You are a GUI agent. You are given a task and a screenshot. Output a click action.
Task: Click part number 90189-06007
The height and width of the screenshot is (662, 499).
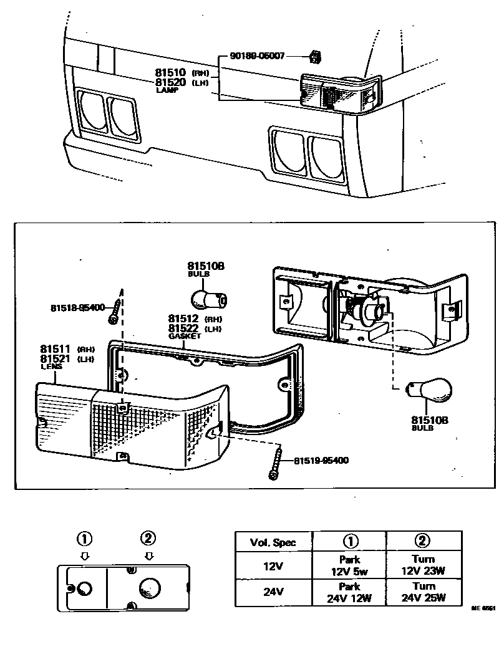tap(257, 56)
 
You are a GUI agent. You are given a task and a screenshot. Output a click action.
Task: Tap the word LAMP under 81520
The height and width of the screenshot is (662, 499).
tap(167, 90)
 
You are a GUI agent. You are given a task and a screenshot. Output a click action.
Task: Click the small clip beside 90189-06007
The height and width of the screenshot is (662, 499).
tap(316, 58)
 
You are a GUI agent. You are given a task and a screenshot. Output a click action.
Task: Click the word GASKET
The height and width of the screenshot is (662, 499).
tap(185, 336)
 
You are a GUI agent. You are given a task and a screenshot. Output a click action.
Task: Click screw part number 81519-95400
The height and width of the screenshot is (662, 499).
tap(321, 461)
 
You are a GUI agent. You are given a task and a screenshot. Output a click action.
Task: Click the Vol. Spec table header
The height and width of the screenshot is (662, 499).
tap(273, 542)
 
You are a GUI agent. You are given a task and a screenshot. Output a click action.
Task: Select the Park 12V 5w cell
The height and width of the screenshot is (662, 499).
tap(349, 565)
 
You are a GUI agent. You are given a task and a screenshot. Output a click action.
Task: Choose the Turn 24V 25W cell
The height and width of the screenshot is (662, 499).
tap(424, 592)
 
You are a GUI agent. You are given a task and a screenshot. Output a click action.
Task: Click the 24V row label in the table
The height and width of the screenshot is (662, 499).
tap(273, 592)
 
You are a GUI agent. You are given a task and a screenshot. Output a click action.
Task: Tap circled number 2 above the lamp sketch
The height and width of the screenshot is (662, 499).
tap(148, 538)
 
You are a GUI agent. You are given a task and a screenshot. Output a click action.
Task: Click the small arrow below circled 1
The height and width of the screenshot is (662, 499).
tap(85, 555)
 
